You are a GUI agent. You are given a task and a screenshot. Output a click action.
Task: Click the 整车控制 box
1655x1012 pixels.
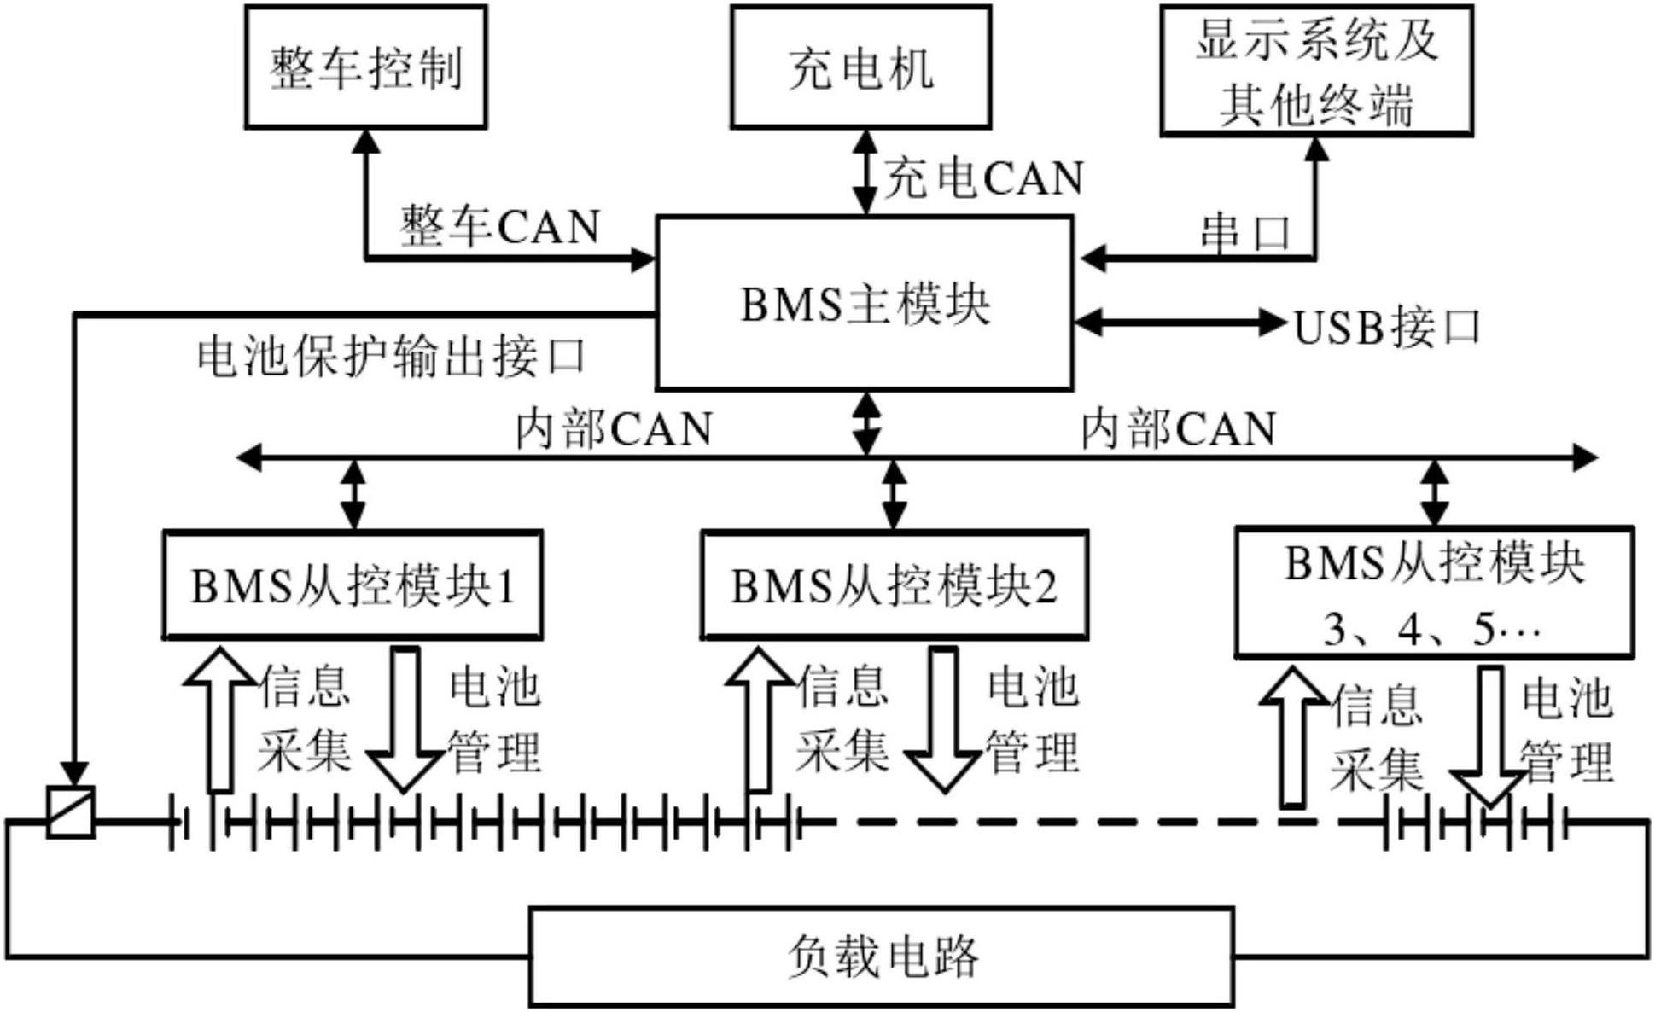point(365,67)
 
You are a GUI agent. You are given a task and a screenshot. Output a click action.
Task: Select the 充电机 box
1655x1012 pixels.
point(860,67)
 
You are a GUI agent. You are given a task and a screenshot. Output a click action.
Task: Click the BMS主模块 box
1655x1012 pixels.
point(864,304)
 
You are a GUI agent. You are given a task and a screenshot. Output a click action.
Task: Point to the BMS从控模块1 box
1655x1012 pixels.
point(353,585)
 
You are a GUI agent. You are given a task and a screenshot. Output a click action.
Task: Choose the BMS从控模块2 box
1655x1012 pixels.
point(894,585)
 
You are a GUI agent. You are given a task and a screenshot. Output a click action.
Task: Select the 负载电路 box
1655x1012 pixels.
point(882,957)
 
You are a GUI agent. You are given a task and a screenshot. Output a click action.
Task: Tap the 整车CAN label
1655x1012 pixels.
point(500,227)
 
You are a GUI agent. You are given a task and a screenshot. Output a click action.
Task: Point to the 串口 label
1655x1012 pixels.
point(1245,233)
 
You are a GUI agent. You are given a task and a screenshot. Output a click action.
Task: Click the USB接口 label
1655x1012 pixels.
point(1387,328)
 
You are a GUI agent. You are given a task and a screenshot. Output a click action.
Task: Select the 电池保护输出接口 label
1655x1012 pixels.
point(392,358)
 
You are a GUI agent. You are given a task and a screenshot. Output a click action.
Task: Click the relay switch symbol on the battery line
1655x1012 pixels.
point(70,811)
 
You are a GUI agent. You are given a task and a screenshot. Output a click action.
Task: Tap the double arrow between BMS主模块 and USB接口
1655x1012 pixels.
point(1180,323)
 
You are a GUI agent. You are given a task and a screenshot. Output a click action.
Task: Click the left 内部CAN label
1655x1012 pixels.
point(614,429)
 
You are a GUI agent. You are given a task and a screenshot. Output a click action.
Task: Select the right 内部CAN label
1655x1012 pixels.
point(1179,429)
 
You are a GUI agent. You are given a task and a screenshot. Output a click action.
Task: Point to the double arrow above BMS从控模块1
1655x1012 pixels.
point(353,494)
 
